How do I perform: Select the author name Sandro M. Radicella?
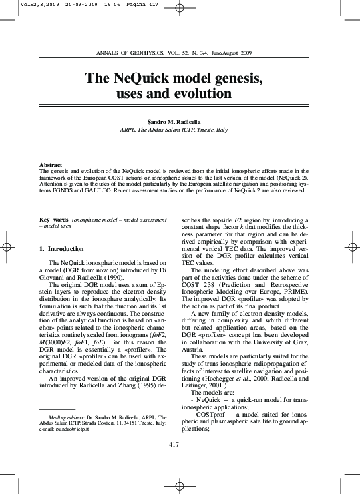pyautogui.click(x=179, y=122)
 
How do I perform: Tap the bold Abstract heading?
pyautogui.click(x=51, y=164)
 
